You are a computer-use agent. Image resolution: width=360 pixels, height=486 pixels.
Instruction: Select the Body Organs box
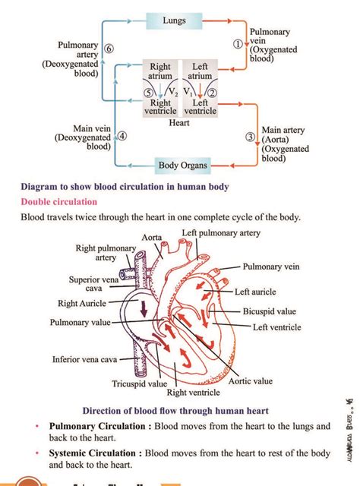point(183,165)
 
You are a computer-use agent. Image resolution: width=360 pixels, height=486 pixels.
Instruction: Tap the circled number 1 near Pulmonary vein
point(237,43)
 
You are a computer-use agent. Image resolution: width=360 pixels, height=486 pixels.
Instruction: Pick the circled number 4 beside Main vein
point(122,137)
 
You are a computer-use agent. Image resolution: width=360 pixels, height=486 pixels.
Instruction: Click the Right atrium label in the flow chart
point(160,71)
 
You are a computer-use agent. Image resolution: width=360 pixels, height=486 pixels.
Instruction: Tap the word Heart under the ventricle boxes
point(180,123)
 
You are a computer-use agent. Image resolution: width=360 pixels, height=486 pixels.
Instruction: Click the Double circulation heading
point(59,202)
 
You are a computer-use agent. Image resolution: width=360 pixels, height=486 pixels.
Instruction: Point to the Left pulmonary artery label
point(221,232)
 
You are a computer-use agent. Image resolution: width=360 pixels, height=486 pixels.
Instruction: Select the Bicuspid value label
point(270,311)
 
